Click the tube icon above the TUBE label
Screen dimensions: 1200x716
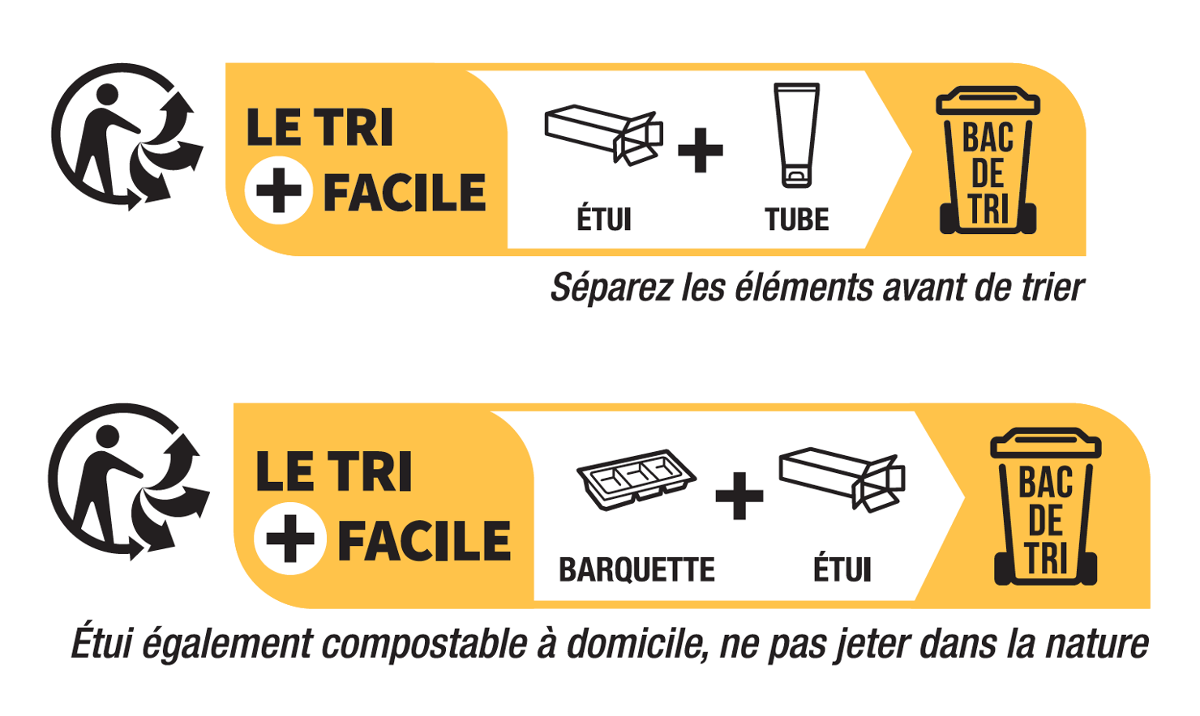pyautogui.click(x=796, y=135)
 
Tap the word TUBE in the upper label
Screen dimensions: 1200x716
pyautogui.click(x=796, y=220)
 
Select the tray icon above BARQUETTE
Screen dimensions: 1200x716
pyautogui.click(x=636, y=479)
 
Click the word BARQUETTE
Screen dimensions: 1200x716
pyautogui.click(x=636, y=569)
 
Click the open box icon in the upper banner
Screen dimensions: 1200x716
pyautogui.click(x=604, y=134)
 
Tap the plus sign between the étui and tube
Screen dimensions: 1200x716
pyautogui.click(x=701, y=150)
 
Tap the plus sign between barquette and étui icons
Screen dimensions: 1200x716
pyautogui.click(x=739, y=496)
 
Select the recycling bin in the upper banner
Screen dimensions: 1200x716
pyautogui.click(x=988, y=160)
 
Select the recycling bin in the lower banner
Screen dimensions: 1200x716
pyautogui.click(x=1046, y=506)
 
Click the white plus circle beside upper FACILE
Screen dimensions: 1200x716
pyautogui.click(x=279, y=190)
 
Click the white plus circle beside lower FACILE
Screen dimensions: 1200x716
pyautogui.click(x=289, y=539)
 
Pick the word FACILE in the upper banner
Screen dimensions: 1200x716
pyautogui.click(x=405, y=193)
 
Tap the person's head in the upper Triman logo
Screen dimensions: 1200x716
pyautogui.click(x=107, y=94)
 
